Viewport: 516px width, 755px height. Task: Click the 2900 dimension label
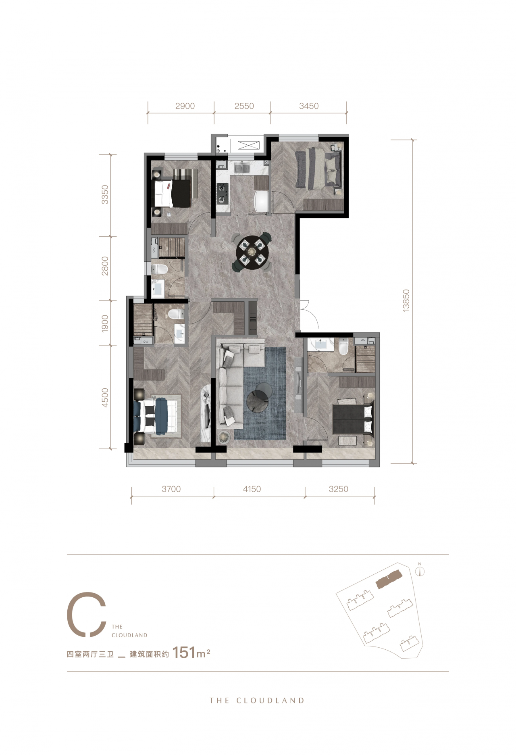pos(185,106)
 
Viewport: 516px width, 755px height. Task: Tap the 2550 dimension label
pos(244,106)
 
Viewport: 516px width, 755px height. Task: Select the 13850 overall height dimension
pos(406,300)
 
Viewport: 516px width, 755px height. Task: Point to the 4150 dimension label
pos(252,489)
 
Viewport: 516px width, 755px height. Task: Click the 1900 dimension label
pos(105,323)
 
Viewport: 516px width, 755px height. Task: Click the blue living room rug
pos(260,393)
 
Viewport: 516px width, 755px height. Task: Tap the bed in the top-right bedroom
pos(318,168)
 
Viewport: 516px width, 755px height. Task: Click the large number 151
pos(184,652)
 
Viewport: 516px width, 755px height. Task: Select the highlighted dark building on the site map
pos(389,579)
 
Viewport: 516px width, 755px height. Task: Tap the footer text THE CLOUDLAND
pos(257,701)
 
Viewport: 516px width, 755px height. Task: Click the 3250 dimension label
pos(339,489)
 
